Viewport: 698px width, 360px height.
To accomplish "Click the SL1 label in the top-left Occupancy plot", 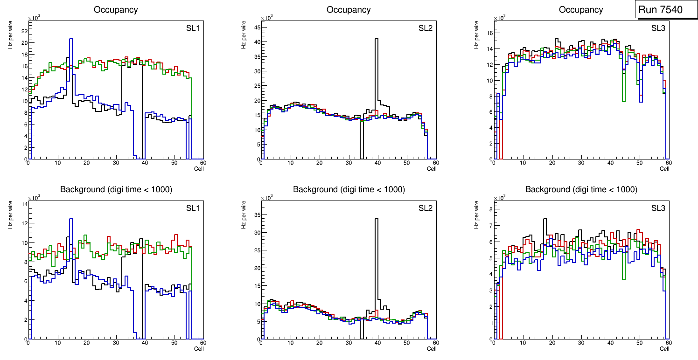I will tap(193, 28).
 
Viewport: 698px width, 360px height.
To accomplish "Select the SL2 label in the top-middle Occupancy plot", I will tap(426, 28).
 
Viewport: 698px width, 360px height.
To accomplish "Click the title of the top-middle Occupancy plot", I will tap(349, 10).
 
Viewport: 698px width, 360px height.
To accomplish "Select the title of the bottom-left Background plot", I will tap(116, 189).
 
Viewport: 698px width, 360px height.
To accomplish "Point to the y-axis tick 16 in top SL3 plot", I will tap(489, 33).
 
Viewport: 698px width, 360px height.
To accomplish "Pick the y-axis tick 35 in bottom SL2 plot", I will tap(256, 215).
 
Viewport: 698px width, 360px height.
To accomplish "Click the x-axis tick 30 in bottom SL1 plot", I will tap(116, 343).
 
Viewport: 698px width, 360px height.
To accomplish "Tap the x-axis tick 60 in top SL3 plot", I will tap(668, 163).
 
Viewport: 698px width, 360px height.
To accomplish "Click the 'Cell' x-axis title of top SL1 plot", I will tap(199, 169).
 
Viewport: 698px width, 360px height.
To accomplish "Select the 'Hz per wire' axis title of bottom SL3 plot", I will tap(477, 215).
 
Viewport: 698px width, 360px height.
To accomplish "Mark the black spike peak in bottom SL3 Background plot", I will tap(544, 219).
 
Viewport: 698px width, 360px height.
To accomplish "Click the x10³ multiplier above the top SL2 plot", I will tap(266, 18).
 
